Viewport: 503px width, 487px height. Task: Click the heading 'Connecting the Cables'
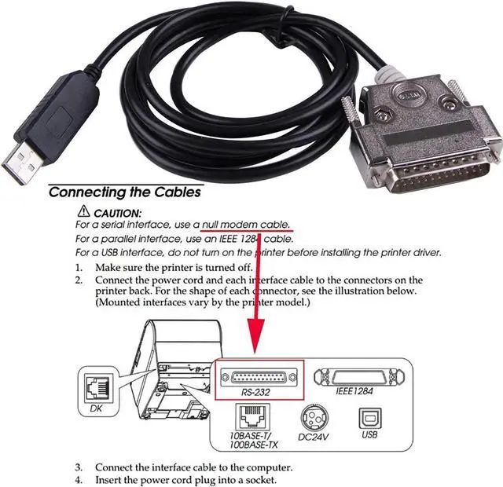pyautogui.click(x=124, y=192)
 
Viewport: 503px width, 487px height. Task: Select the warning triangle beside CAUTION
pyautogui.click(x=83, y=212)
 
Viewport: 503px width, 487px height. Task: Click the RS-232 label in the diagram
pyautogui.click(x=255, y=390)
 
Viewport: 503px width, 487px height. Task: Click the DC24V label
pyautogui.click(x=312, y=433)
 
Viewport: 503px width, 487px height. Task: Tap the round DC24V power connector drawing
pyautogui.click(x=312, y=414)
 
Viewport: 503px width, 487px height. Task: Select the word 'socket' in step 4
pyautogui.click(x=259, y=480)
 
